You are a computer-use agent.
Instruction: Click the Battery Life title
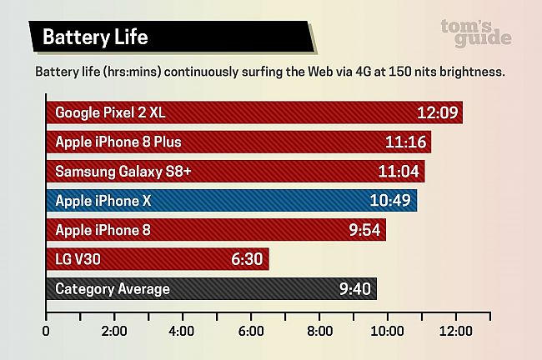click(x=96, y=37)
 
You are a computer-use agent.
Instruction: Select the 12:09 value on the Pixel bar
click(x=438, y=112)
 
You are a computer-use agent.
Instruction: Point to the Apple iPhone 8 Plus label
click(x=118, y=142)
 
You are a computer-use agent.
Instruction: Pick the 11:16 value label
click(x=406, y=142)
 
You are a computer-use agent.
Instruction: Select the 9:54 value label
click(x=364, y=230)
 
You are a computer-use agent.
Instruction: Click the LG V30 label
click(x=78, y=259)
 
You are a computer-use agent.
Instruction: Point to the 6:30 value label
click(x=248, y=259)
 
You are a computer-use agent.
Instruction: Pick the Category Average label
click(x=112, y=289)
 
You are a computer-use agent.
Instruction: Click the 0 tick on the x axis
click(x=46, y=331)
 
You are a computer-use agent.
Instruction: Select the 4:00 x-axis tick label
click(x=182, y=331)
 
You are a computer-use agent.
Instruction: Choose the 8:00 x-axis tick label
click(x=319, y=331)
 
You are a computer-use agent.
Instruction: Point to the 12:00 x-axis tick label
click(x=454, y=331)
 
